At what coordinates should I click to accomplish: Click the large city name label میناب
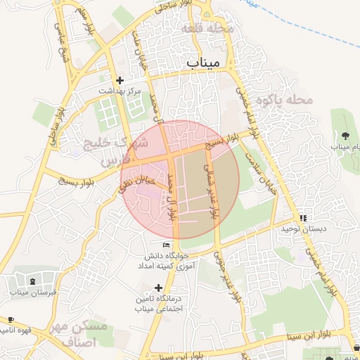204,63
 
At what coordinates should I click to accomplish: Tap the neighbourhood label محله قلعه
207,30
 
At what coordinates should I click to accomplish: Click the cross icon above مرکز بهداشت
120,81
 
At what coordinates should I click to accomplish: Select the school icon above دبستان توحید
304,219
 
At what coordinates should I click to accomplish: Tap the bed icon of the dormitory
166,245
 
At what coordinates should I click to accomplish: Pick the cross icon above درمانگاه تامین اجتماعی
159,288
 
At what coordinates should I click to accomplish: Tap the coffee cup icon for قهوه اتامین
10,319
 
